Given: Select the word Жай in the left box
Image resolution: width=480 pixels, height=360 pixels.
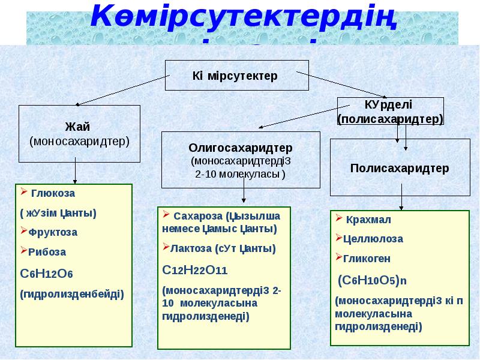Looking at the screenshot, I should (x=79, y=127).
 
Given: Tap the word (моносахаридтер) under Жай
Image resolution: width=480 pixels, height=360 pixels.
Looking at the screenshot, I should (x=79, y=141).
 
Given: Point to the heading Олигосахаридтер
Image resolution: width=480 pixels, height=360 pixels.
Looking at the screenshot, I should (x=241, y=147).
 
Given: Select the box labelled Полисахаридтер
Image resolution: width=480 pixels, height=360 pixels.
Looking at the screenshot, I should (x=399, y=167).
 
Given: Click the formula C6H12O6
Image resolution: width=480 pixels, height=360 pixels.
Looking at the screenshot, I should (x=47, y=274).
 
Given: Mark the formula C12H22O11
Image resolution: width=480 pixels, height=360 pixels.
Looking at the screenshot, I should (x=195, y=269).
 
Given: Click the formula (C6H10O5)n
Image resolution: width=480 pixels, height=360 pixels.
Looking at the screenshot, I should (x=373, y=280).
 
